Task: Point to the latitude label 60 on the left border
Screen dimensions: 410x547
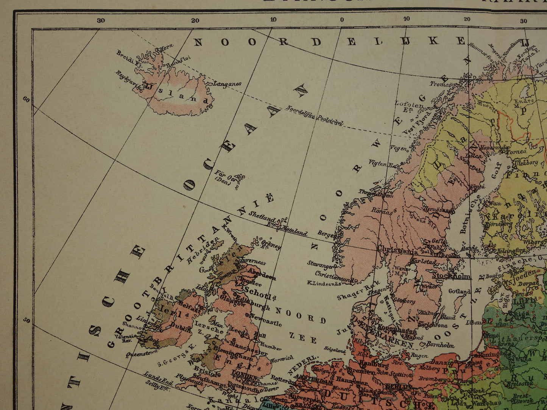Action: (x=26, y=100)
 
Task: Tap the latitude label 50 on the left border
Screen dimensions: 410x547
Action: (x=26, y=321)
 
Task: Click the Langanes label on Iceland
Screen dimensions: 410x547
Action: (x=228, y=84)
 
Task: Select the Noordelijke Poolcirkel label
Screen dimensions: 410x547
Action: (x=315, y=115)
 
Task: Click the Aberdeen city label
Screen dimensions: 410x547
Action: (x=262, y=275)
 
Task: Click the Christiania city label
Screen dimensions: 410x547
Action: (x=397, y=250)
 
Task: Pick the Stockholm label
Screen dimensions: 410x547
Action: (x=451, y=276)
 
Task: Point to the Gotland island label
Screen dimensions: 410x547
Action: (x=460, y=291)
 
